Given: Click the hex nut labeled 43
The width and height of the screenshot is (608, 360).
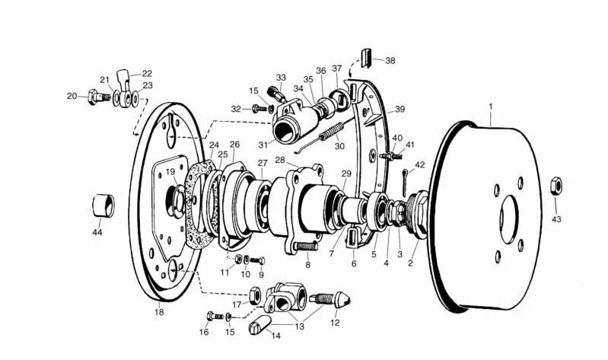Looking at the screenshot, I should point(555,185).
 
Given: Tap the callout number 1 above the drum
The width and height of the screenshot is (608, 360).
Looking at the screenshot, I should point(491,106).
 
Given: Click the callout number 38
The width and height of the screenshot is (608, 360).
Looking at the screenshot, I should point(390,59).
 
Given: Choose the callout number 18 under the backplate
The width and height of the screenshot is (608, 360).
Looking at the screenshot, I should point(158,311).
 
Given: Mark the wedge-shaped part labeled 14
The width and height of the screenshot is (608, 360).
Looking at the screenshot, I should point(259,327).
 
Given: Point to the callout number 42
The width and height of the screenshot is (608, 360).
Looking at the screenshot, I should point(420,164).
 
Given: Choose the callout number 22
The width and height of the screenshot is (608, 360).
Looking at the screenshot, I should point(147,74).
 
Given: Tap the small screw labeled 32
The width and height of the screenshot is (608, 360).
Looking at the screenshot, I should point(263,109).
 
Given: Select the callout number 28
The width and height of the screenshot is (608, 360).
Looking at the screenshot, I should point(279,161).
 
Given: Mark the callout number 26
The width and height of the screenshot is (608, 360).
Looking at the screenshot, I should point(234,145).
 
